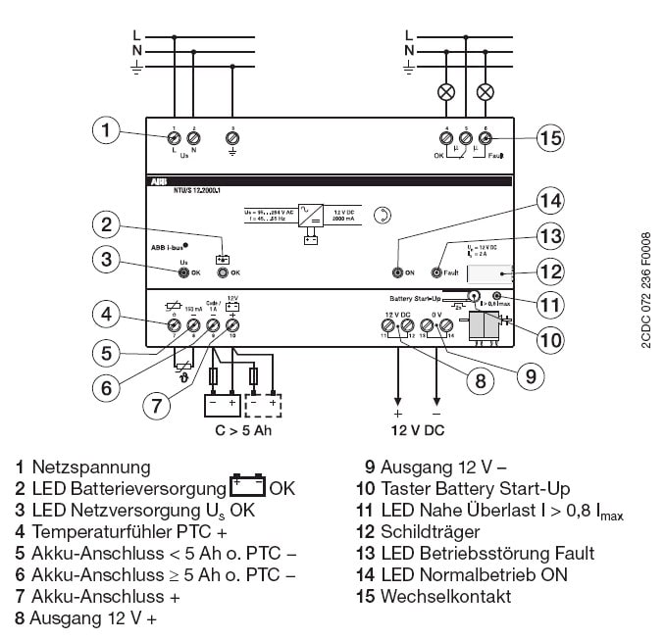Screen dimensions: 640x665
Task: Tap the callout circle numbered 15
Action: (x=550, y=138)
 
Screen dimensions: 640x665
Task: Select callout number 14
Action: (x=550, y=202)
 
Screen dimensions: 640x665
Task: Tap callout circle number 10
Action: (x=550, y=340)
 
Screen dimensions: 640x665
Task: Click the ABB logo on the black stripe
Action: (x=159, y=182)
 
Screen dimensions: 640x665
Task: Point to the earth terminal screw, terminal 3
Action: (x=232, y=137)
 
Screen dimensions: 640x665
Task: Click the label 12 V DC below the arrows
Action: (x=417, y=429)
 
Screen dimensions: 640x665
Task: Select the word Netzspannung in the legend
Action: (x=91, y=468)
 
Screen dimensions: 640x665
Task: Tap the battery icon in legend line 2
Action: (x=247, y=487)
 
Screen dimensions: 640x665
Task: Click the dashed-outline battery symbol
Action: (x=264, y=404)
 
